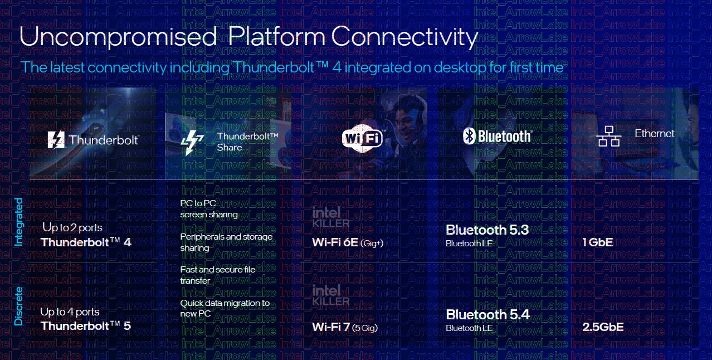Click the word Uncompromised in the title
point(118,37)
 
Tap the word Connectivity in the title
point(404,37)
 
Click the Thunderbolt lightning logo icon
point(56,140)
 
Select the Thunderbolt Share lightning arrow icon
point(192,142)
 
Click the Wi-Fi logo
point(363,138)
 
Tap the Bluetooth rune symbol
point(469,136)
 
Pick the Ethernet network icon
point(609,136)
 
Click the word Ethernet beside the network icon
point(654,134)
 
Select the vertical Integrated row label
point(19,222)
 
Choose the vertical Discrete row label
point(19,306)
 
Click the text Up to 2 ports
point(72,228)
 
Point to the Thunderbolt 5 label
point(86,325)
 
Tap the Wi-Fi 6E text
point(335,242)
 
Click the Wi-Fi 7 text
point(331,327)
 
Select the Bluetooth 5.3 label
point(487,230)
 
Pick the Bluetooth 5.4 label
point(487,314)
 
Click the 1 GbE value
point(598,242)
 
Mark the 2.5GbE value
point(603,327)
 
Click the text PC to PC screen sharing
point(209,208)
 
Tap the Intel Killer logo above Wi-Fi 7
point(330,295)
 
